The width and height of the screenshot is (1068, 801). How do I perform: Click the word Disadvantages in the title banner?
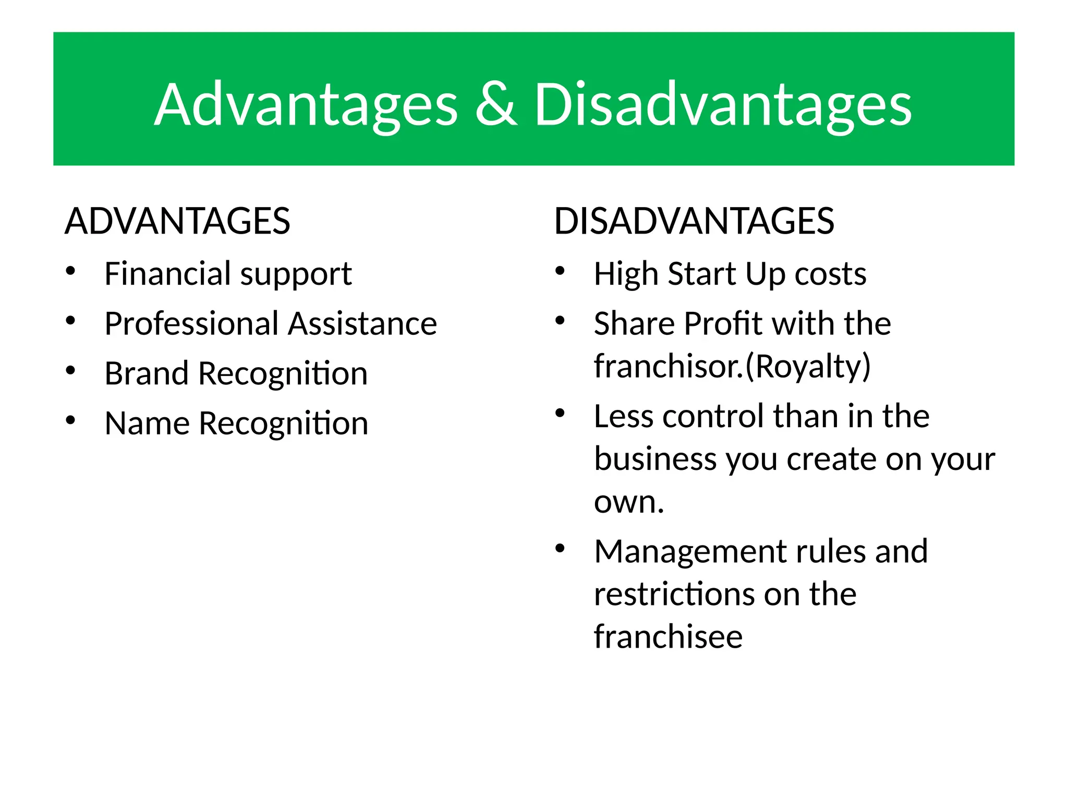pyautogui.click(x=722, y=106)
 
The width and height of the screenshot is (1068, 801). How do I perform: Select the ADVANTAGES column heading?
pyautogui.click(x=177, y=221)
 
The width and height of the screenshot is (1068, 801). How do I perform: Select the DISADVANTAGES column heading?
pyautogui.click(x=694, y=221)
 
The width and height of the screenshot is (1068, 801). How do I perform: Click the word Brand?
pyautogui.click(x=147, y=374)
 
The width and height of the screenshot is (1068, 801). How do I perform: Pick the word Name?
pyautogui.click(x=147, y=423)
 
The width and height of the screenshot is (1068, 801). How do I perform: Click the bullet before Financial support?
pyautogui.click(x=71, y=271)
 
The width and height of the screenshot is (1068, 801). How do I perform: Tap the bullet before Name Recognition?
pyautogui.click(x=71, y=420)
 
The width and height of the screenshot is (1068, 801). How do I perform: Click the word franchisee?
pyautogui.click(x=668, y=637)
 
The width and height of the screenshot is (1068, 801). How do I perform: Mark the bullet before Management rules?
pyautogui.click(x=560, y=549)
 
